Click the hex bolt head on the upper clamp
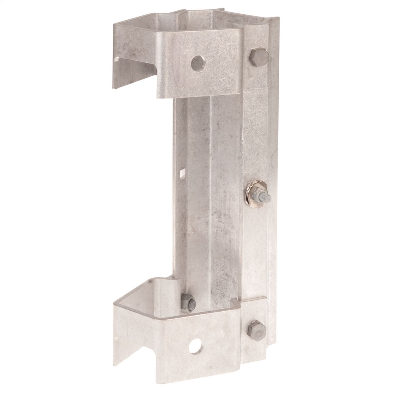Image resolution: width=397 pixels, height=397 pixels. [x=253, y=57]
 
